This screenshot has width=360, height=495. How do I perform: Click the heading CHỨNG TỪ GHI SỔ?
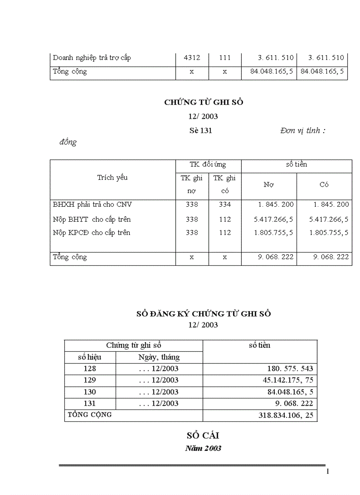click(203, 102)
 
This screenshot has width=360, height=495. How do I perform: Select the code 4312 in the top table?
click(191, 58)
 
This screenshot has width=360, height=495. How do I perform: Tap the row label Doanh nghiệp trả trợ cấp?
click(92, 58)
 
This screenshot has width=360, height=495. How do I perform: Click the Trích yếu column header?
click(112, 177)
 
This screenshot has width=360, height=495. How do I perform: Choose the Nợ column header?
click(268, 185)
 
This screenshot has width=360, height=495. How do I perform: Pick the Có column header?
click(324, 185)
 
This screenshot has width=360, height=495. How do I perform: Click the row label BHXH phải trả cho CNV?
click(92, 205)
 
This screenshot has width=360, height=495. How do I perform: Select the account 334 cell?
click(225, 205)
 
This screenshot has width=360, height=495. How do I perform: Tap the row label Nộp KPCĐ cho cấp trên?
click(91, 233)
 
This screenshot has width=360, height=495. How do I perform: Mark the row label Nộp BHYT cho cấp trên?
click(92, 220)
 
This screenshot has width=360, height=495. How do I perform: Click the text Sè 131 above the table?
click(200, 131)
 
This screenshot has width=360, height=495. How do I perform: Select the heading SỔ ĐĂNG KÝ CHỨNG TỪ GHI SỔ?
click(203, 314)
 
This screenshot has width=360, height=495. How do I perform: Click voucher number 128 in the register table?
click(90, 369)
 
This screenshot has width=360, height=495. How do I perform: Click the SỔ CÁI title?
click(203, 435)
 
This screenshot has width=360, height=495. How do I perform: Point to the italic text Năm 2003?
click(203, 448)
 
